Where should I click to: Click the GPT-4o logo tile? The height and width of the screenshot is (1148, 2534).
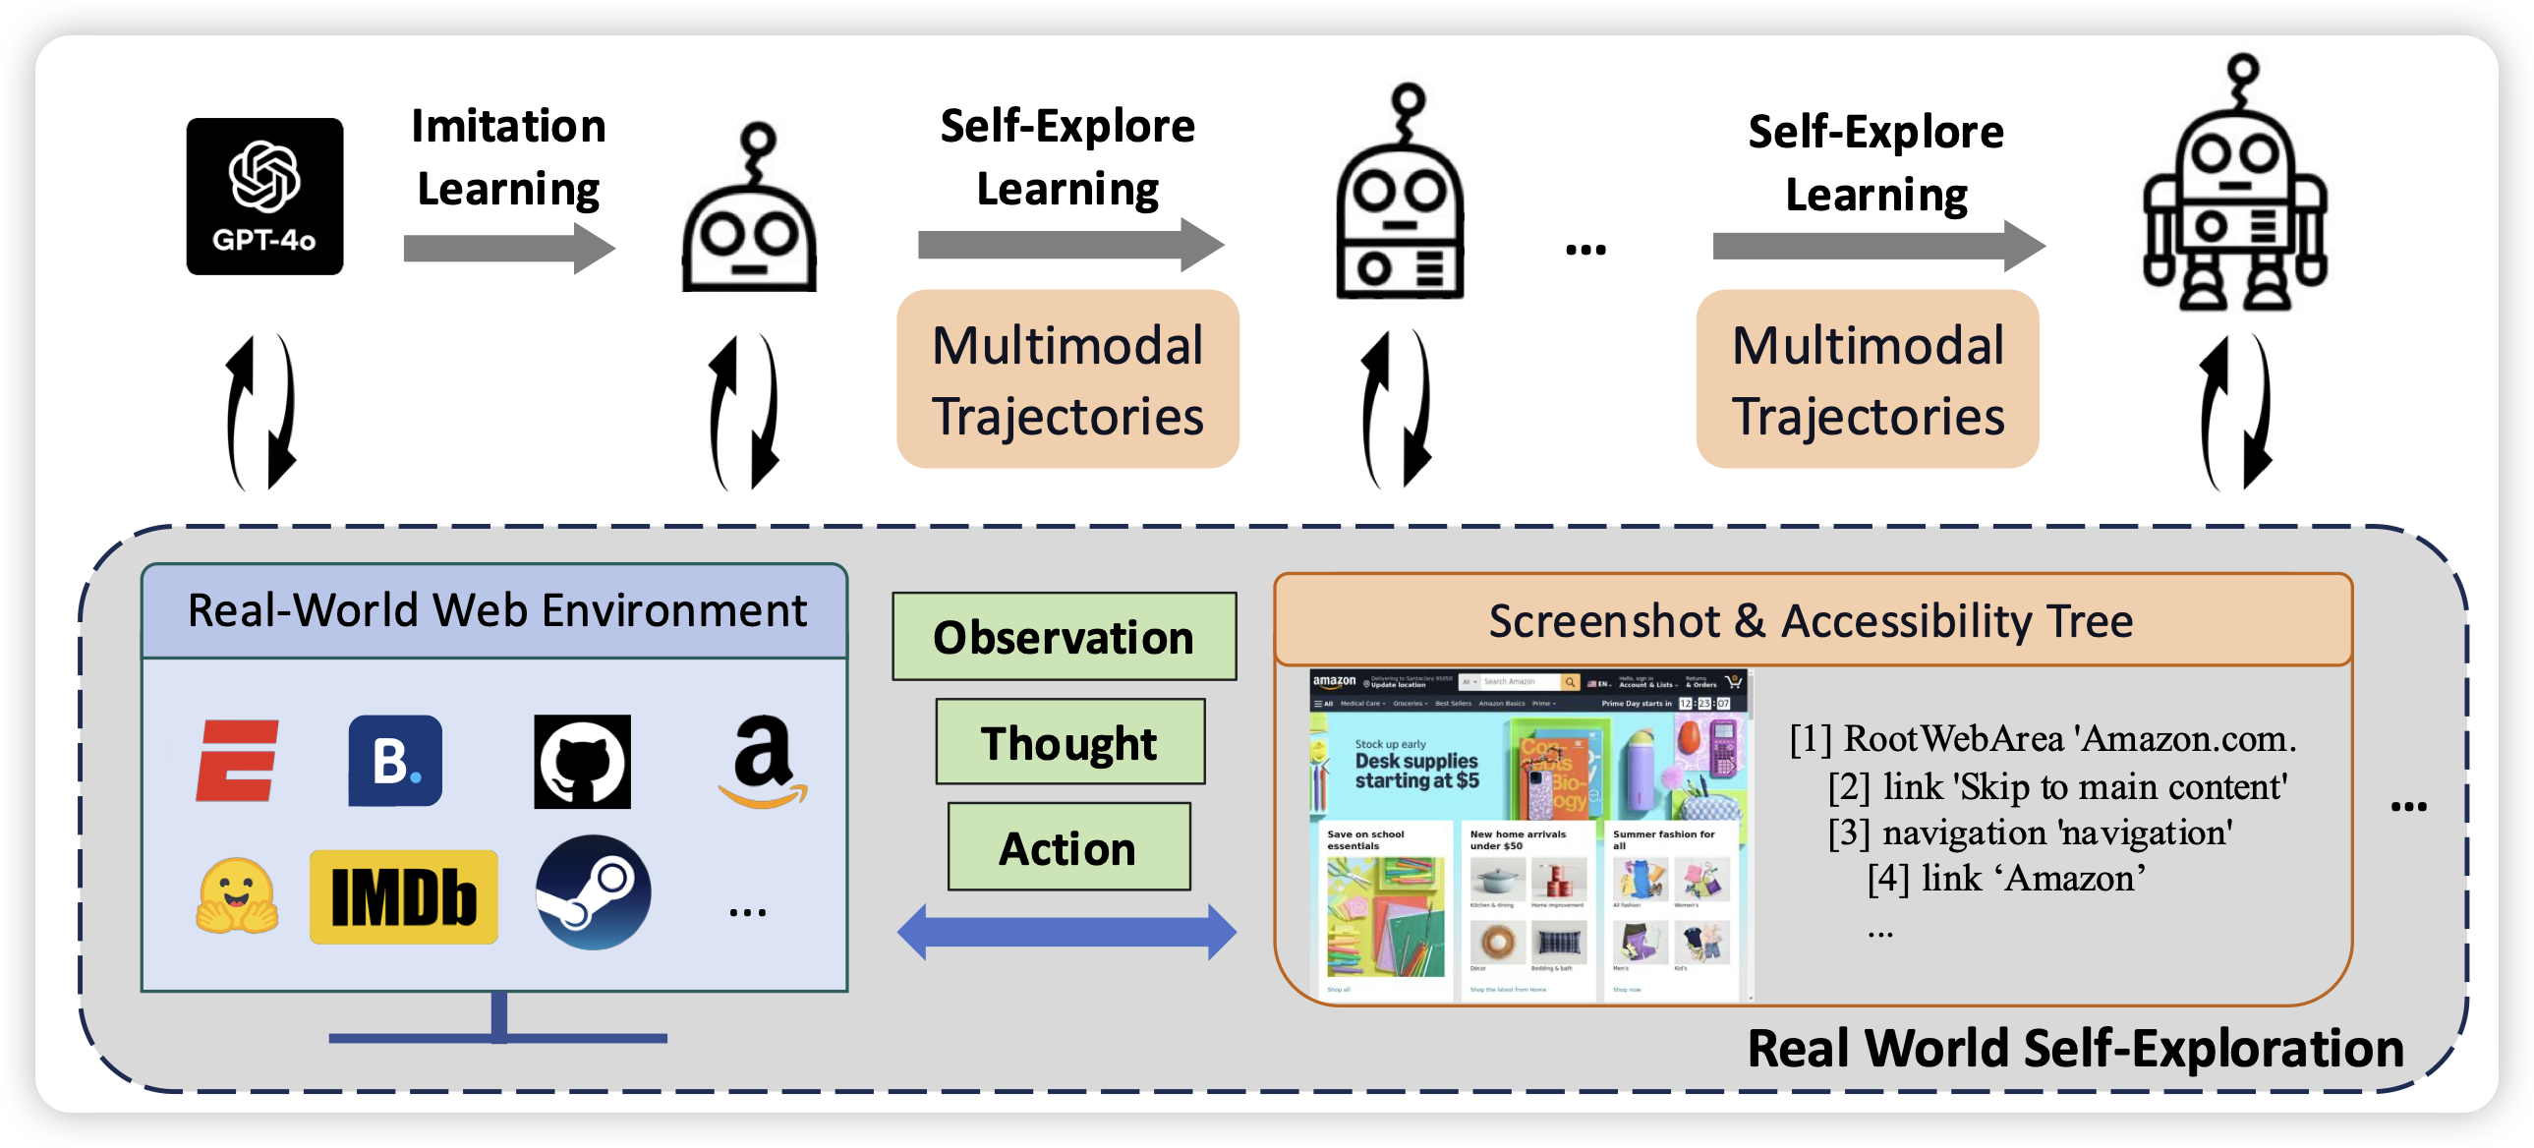tap(264, 196)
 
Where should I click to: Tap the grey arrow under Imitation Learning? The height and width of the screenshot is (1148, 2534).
tap(507, 248)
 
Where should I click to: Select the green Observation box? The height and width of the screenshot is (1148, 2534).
tap(1064, 637)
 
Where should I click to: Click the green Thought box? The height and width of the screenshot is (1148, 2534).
tap(1069, 742)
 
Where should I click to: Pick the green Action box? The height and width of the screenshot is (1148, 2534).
tap(1068, 847)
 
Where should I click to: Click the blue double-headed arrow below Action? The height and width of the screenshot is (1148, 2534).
tap(1066, 932)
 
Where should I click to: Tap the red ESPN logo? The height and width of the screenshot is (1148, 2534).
tap(237, 762)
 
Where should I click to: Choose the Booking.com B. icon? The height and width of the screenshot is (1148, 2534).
tap(395, 761)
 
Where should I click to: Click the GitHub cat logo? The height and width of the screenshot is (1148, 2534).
tap(582, 762)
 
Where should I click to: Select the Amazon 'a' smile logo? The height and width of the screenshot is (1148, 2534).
tap(764, 762)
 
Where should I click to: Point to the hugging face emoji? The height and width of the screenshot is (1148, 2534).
tap(237, 895)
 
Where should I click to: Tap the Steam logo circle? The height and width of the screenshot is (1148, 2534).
tap(592, 892)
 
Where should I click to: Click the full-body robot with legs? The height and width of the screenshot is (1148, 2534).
tap(2235, 187)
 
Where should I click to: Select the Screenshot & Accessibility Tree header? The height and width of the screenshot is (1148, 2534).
tap(1811, 621)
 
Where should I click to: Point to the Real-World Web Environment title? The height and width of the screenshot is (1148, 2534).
tap(495, 611)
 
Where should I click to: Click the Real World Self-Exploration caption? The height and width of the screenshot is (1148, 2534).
tap(2076, 1048)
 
